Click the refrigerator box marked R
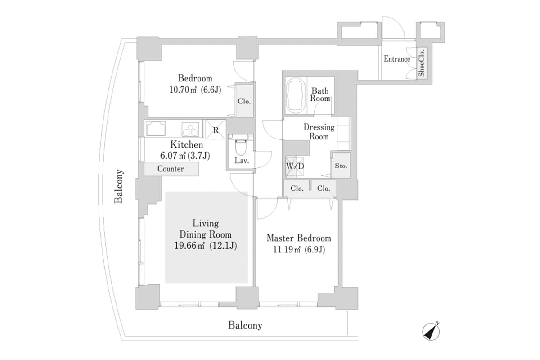216,130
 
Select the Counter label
171,169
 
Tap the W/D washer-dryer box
295,166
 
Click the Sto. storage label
341,166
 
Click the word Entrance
396,59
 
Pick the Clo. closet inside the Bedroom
244,101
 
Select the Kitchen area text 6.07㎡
171,156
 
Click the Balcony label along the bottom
245,325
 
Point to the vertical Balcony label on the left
119,186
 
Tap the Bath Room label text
320,94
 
